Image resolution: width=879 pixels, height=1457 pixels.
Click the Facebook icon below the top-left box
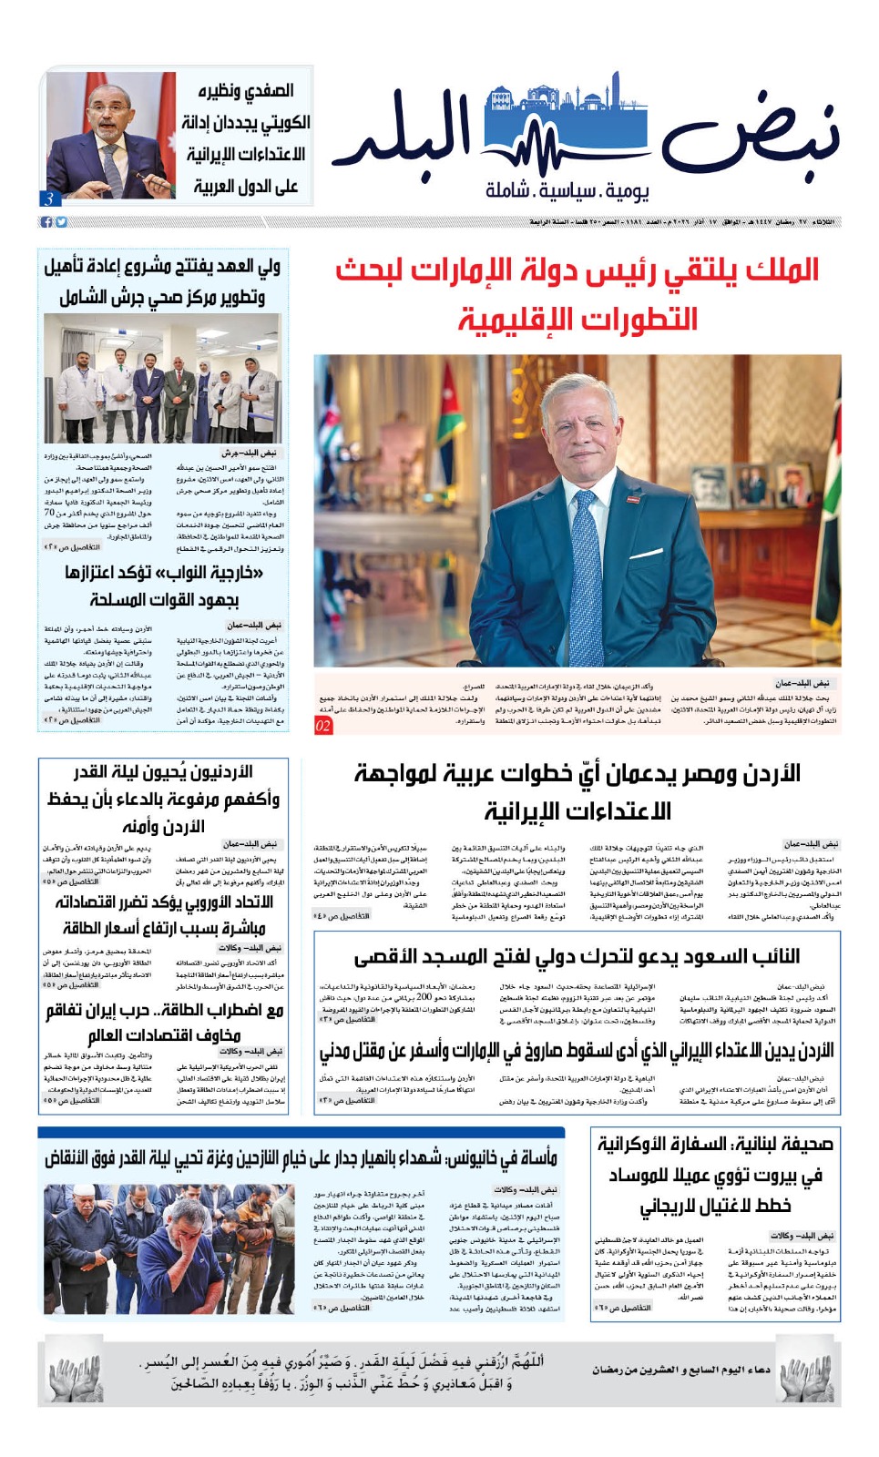tap(46, 222)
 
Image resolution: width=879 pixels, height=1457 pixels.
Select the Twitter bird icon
tap(61, 222)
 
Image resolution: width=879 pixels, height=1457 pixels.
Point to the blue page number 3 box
tap(48, 199)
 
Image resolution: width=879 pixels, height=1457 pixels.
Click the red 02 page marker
tap(323, 726)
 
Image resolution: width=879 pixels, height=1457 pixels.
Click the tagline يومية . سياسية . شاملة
tap(567, 190)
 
